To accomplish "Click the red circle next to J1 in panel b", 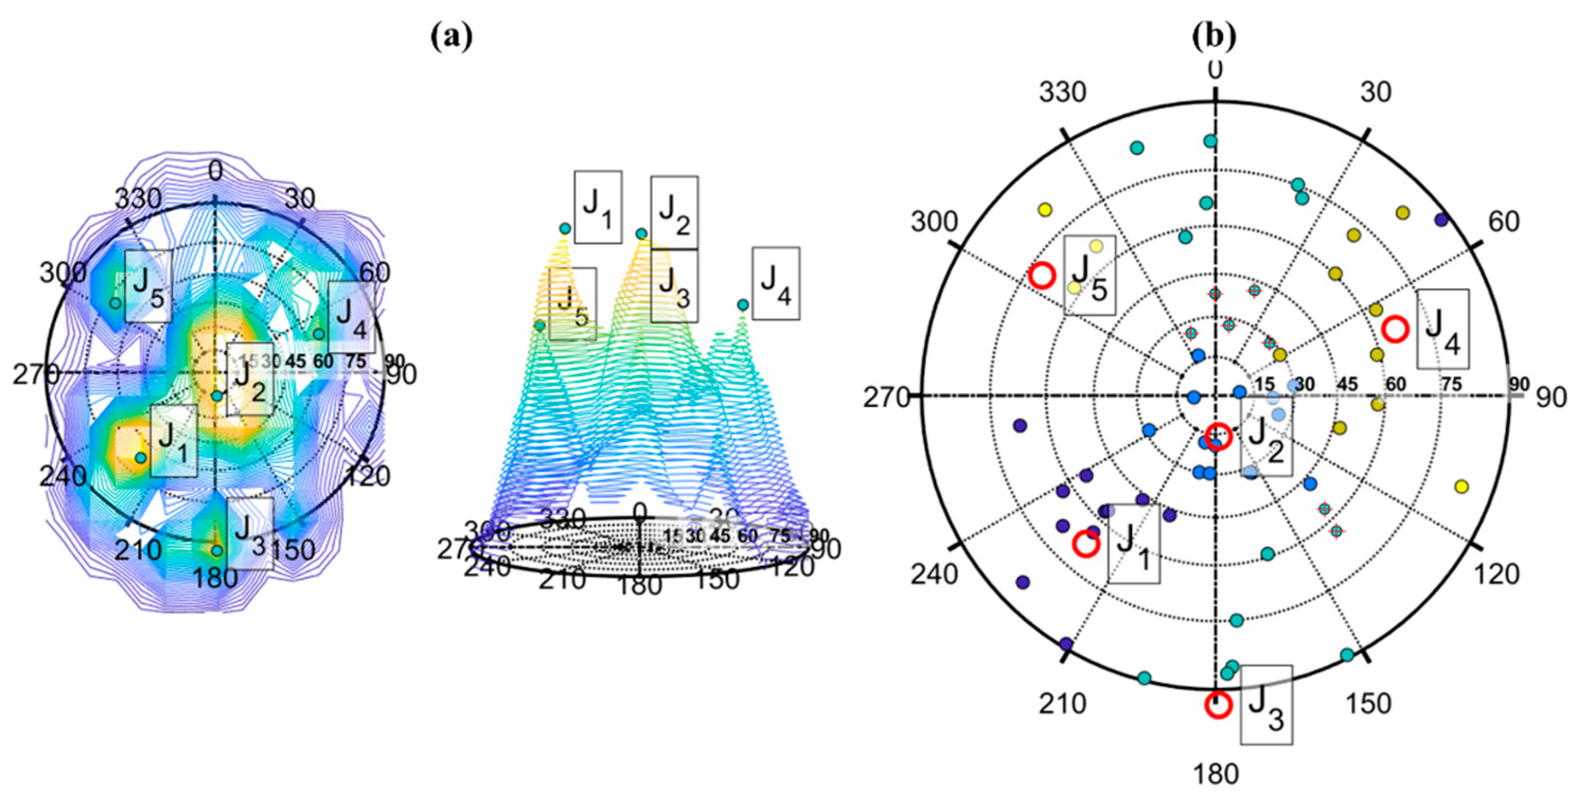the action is coord(1086,543).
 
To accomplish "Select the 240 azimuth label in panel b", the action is coord(934,574).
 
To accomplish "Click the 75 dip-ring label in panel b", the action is coord(1451,385).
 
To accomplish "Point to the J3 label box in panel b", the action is coord(1266,705).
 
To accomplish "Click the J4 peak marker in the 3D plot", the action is coord(742,305).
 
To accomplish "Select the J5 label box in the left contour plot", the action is coord(148,286).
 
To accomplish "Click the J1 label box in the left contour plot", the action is coord(173,441).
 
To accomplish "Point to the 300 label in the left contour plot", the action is coord(63,273).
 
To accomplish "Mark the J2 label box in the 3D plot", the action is coord(673,212).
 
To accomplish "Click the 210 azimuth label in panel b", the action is coord(1062,704).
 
